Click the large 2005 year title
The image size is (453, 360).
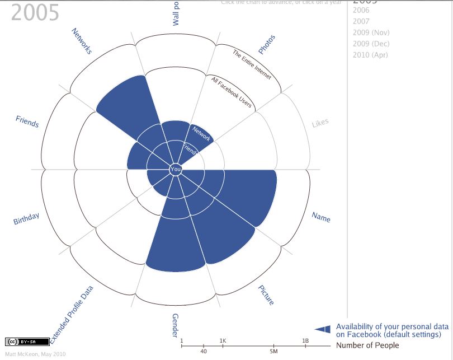35,12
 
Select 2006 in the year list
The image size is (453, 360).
361,10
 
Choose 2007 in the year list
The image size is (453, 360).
361,21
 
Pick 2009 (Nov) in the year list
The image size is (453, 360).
371,32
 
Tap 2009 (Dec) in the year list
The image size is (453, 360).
371,44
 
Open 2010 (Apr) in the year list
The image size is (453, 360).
370,55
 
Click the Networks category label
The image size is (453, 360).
82,41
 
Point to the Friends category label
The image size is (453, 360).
27,121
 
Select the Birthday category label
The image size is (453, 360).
26,219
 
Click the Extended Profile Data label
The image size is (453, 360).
72,314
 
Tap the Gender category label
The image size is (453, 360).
176,325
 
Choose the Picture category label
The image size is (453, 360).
266,295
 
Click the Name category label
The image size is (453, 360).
321,217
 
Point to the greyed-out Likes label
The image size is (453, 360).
320,123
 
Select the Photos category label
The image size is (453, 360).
267,45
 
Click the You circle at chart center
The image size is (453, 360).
176,169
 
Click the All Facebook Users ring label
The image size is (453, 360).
231,92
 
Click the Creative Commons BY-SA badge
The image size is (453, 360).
20,342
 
